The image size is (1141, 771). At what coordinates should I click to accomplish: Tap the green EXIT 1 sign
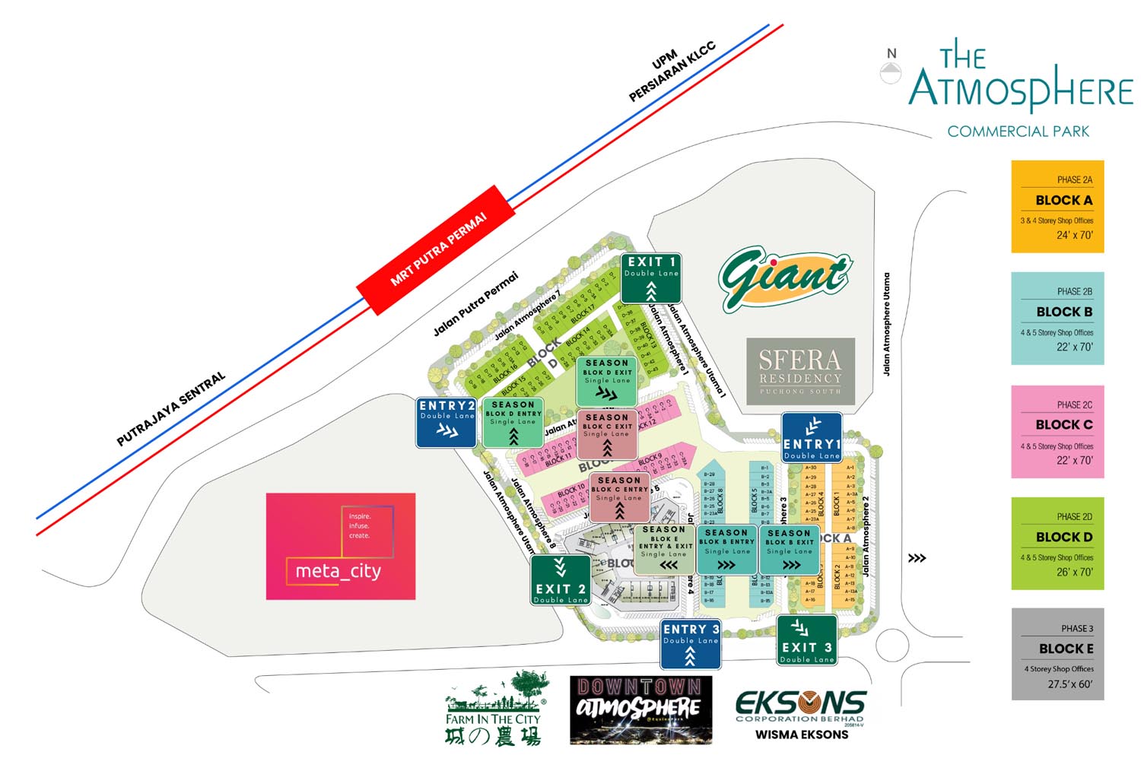click(650, 278)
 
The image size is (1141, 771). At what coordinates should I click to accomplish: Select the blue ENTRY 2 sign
click(447, 422)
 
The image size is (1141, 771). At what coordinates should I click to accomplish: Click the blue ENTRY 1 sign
click(812, 438)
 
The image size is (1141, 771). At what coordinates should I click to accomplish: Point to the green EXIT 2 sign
click(561, 580)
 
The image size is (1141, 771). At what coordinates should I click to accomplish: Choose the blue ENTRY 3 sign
click(690, 643)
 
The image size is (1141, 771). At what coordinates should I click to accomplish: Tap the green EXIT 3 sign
click(806, 640)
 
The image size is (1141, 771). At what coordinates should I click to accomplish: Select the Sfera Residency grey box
click(800, 371)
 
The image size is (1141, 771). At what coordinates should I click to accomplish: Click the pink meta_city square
click(341, 546)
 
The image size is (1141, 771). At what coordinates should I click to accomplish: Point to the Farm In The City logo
click(494, 708)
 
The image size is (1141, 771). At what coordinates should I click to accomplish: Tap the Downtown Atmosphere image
click(640, 709)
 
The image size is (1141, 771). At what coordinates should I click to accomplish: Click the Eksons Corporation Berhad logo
click(800, 709)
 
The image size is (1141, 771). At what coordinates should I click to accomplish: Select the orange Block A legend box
click(1057, 206)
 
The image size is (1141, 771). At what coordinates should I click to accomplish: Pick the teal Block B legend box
click(1057, 318)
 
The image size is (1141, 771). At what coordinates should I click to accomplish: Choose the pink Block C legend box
click(1057, 431)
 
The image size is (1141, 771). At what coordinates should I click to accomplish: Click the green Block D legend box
click(1057, 543)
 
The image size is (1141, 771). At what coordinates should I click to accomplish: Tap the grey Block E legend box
click(1057, 654)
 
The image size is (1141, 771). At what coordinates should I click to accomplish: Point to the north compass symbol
click(891, 68)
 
